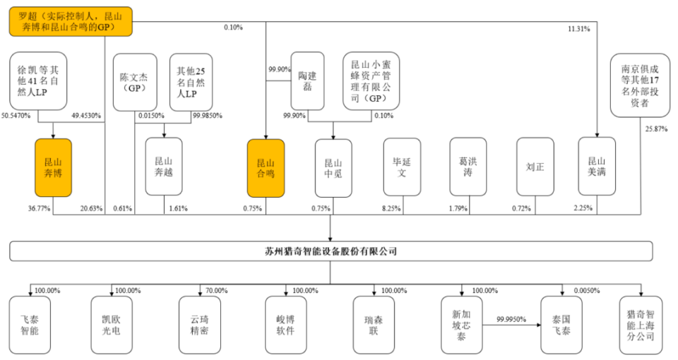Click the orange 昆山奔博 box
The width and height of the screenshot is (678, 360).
[x=53, y=167]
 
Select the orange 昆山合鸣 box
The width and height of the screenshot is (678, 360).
[x=266, y=167]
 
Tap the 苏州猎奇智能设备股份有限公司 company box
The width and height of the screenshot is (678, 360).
[x=331, y=251]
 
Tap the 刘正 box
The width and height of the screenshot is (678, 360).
[x=535, y=167]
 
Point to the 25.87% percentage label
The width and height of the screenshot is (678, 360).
[x=655, y=128]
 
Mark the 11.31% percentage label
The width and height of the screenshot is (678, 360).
[x=580, y=29]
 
